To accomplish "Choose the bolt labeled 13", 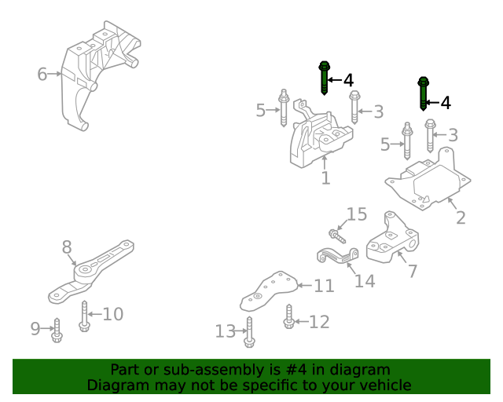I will [x=249, y=331].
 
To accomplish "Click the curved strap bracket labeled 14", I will [x=337, y=255].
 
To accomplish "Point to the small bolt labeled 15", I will [x=336, y=233].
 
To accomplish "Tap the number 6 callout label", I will [x=42, y=75].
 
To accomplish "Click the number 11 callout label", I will [x=325, y=287].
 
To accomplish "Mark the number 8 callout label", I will [x=67, y=248].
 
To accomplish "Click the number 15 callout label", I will [x=357, y=214].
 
